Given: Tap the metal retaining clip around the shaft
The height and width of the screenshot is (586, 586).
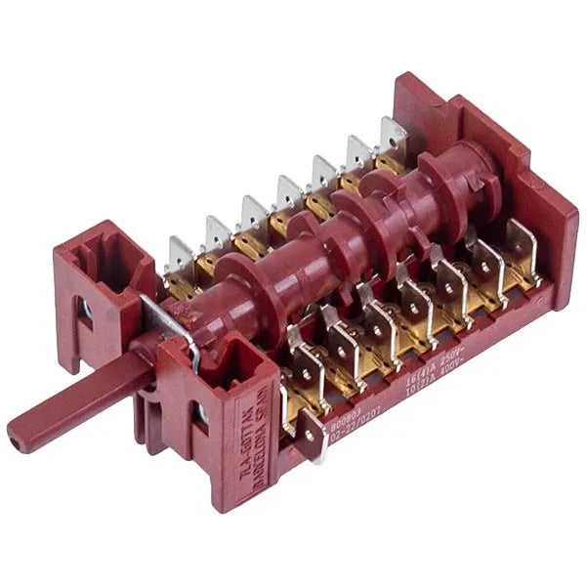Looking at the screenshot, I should click(x=176, y=327).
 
